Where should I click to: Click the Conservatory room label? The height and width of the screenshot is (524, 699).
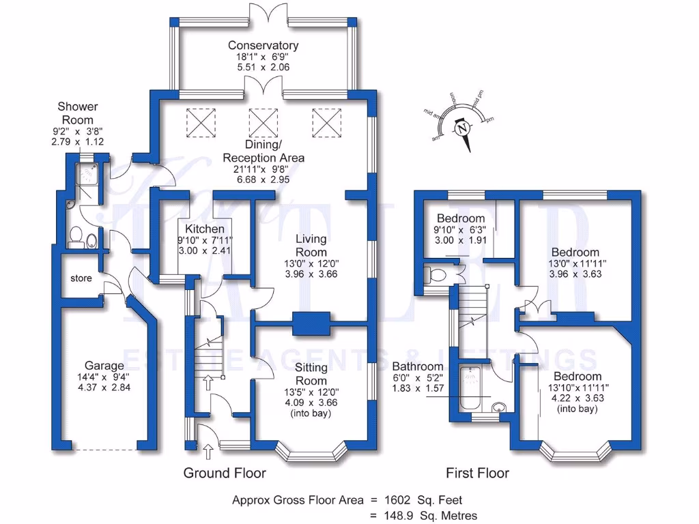pos(263,46)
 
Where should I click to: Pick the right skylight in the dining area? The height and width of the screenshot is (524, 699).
pos(326,123)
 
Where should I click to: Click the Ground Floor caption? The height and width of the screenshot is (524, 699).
pos(225,473)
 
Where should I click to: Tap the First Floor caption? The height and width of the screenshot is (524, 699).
pos(477,473)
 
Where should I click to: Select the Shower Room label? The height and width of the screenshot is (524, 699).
pos(77,113)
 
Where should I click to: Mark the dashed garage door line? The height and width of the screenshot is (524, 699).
pos(104,450)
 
